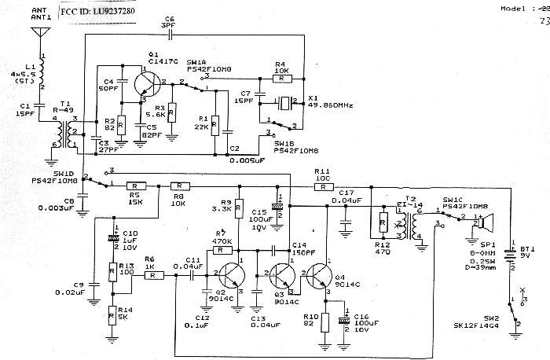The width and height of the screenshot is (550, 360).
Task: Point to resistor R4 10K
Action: [x=279, y=79]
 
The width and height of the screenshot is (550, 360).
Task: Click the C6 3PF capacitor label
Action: [x=169, y=24]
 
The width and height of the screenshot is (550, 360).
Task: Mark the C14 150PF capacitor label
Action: [x=302, y=250]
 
